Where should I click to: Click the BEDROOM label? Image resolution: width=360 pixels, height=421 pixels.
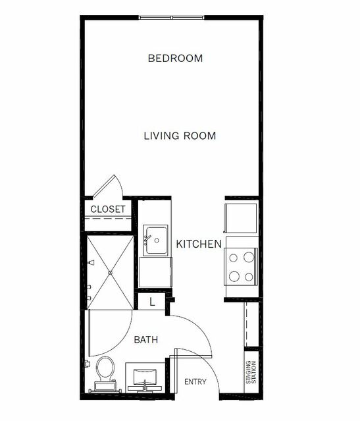coord(175,58)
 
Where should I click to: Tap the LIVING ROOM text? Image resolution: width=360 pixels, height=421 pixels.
coord(180,136)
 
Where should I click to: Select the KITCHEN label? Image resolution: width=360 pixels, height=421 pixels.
coord(199,244)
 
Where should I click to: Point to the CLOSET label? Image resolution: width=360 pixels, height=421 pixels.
coord(108,209)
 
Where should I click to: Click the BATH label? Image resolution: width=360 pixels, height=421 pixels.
coord(146,340)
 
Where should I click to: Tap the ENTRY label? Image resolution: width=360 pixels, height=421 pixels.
coord(195,381)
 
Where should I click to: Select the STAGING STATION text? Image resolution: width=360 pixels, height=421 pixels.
coord(251,372)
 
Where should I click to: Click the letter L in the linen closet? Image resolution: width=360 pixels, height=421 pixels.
coord(152,302)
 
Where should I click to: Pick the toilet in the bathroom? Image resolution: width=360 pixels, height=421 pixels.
coord(105,374)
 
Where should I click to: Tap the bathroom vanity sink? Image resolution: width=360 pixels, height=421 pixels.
coord(145,377)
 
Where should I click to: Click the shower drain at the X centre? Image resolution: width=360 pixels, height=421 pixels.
coord(110,273)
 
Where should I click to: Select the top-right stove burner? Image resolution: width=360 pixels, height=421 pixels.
coord(249,257)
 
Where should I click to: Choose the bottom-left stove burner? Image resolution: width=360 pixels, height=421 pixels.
coord(234,276)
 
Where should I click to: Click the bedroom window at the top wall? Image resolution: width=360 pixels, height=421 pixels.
coord(172,18)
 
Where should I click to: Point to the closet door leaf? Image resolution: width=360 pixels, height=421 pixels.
coord(104,186)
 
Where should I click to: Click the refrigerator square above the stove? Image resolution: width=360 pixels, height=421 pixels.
coord(240,218)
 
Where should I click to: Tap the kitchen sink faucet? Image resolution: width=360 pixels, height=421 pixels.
coord(147,239)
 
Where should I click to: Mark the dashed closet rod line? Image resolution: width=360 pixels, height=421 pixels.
coord(108,218)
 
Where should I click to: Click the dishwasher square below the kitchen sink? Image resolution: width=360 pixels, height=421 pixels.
coord(155,272)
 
